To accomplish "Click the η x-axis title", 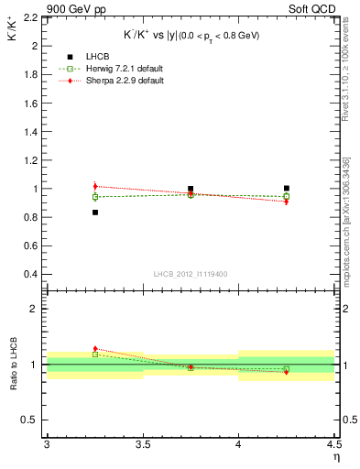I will [336, 456].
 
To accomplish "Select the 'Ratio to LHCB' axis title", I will [12, 365].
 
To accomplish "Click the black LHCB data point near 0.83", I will [94, 213].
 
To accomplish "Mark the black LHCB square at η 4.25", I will [287, 189].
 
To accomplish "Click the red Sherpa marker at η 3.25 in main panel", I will [94, 186].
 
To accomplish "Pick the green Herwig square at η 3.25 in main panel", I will [94, 197].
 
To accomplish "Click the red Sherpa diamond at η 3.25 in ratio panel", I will [94, 349].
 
